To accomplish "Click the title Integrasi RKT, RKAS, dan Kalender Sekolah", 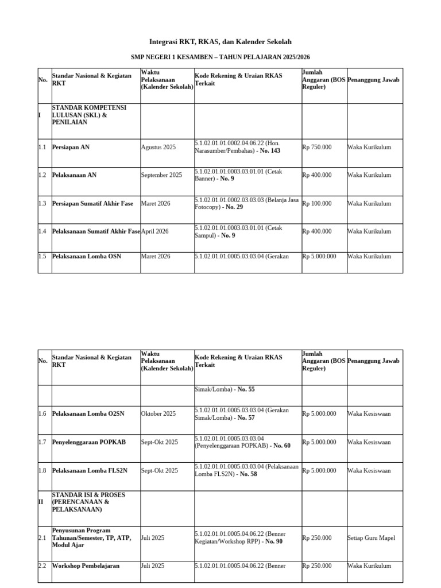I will point(220,42).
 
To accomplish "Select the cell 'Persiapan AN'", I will point(71,148).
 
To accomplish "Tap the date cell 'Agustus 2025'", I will point(158,148).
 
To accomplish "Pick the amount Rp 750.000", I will point(317,148).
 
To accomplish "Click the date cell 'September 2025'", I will point(161,175).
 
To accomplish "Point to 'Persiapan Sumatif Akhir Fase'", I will point(92,204).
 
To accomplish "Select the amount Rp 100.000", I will point(317,204).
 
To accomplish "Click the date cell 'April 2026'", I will point(155,231).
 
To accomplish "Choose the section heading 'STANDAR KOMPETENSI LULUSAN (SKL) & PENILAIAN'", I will point(89,115).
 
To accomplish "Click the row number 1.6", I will point(42,414).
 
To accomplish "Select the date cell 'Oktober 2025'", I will point(158,414).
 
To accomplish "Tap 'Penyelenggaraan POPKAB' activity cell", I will point(88,442).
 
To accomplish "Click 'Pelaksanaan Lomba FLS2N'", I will point(90,471).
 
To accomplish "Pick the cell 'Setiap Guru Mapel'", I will point(371,538).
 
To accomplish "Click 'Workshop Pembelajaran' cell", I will point(86,566).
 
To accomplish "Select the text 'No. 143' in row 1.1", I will point(270,151).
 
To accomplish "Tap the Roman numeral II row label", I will point(41,502).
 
